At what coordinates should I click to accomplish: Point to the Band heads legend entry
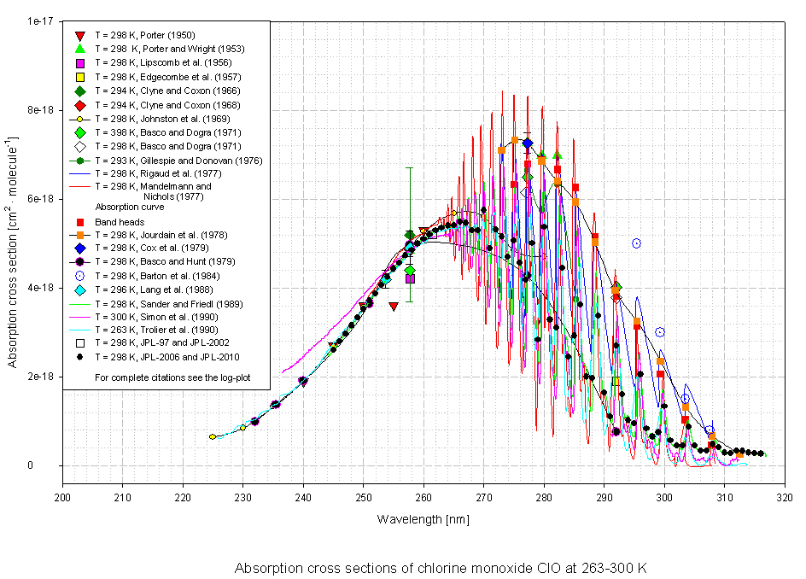(x=120, y=222)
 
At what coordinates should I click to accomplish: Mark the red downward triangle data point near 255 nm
(x=393, y=306)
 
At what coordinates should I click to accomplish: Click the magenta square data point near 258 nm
(x=410, y=278)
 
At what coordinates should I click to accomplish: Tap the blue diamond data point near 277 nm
(x=528, y=143)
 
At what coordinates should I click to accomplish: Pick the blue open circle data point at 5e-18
(x=636, y=243)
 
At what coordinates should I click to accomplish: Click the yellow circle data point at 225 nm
(x=213, y=436)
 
